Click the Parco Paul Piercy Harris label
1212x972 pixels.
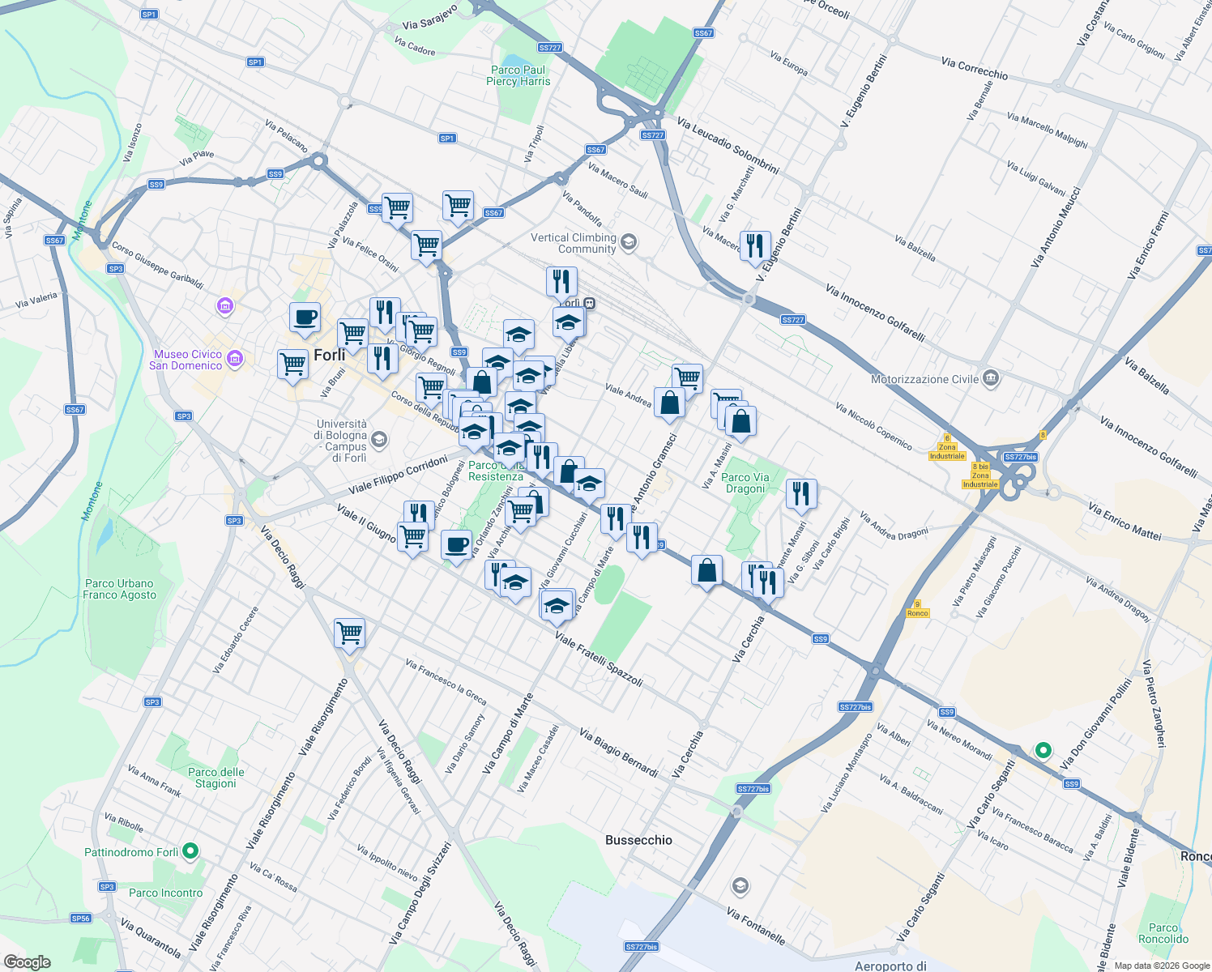[518, 75]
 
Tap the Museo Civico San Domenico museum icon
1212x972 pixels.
[235, 359]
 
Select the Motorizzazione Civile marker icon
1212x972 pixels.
[990, 378]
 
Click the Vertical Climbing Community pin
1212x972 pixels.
[629, 242]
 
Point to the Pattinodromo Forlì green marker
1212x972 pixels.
[190, 851]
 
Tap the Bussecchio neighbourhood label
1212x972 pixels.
[638, 840]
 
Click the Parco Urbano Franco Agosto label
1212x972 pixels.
[119, 589]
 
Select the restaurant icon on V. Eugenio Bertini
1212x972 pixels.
[755, 245]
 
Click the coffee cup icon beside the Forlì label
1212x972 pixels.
[305, 318]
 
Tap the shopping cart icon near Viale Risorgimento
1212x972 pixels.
[349, 633]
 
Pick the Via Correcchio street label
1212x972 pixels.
[975, 68]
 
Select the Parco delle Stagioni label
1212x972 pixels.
[216, 778]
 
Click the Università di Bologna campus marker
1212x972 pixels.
[379, 440]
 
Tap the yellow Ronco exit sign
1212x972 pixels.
[917, 609]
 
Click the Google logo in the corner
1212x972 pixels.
[27, 961]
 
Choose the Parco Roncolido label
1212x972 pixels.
[1163, 933]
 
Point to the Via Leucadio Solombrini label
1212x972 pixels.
[728, 147]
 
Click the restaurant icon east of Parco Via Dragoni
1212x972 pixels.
[800, 493]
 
